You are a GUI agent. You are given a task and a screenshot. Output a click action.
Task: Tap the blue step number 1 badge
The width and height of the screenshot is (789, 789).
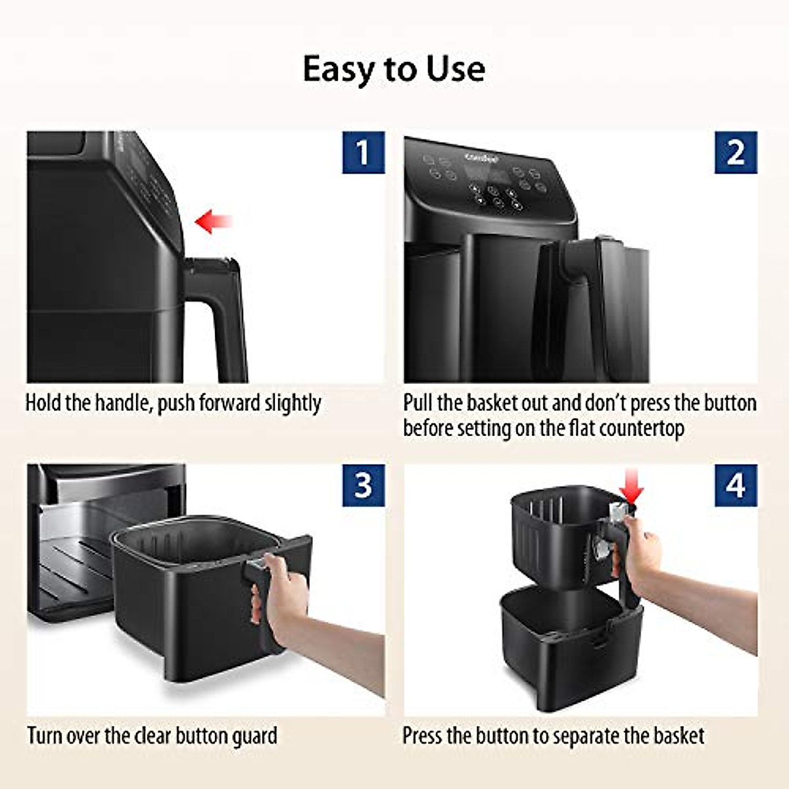tap(363, 153)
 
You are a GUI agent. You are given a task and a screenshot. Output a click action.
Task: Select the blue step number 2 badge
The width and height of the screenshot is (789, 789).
tap(736, 153)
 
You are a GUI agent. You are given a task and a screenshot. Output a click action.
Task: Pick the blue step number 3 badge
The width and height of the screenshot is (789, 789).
tap(363, 485)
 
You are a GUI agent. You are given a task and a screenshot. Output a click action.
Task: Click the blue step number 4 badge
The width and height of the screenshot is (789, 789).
tap(736, 485)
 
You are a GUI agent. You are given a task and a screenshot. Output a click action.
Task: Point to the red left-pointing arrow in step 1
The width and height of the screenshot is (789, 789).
tap(214, 221)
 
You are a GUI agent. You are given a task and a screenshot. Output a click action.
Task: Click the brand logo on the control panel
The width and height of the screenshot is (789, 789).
tap(482, 157)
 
